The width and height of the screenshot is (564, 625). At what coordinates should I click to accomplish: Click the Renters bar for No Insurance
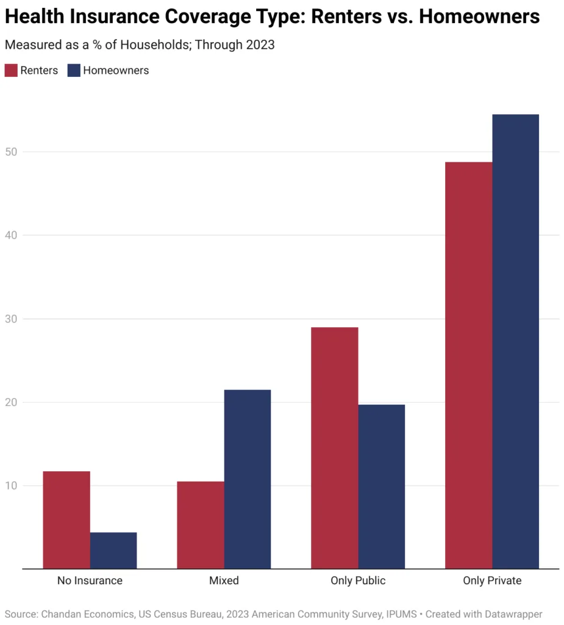coord(66,519)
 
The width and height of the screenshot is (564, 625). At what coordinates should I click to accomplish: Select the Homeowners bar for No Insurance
coord(113,550)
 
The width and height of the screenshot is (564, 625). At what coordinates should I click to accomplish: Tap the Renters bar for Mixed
coord(201,525)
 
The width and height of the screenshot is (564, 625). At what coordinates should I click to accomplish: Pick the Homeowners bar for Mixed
coord(248,479)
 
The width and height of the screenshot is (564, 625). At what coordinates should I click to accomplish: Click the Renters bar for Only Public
coord(335,447)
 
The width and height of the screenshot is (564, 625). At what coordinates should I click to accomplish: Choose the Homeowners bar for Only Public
coord(382,486)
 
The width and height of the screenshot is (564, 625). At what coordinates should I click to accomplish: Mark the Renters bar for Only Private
coord(469,365)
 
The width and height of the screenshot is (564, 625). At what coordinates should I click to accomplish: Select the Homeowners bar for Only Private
coord(516,341)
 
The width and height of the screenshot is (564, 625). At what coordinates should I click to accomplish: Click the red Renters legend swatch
coord(11,70)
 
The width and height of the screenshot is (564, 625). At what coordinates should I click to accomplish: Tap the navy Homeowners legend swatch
coord(74,70)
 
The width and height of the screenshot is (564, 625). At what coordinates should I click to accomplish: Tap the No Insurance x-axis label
coord(90,580)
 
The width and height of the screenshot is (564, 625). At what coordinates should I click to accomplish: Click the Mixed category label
coord(224,580)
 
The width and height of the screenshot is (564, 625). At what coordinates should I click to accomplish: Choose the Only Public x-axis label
coord(358,580)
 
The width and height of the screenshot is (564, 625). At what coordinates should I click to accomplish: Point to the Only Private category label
coord(492,580)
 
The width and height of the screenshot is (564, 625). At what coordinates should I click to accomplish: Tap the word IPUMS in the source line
coord(402,614)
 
